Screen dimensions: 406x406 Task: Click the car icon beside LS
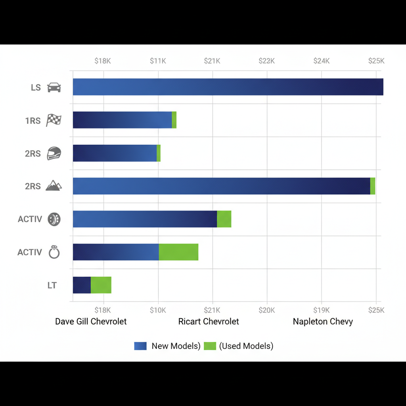tap(54, 87)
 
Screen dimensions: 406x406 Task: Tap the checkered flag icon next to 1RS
tap(54, 120)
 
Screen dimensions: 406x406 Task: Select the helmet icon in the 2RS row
tap(54, 153)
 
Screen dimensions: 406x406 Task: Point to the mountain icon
tap(54, 186)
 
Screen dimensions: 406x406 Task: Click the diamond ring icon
tap(54, 252)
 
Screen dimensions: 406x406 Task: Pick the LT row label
tap(52, 285)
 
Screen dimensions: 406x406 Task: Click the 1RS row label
tap(33, 121)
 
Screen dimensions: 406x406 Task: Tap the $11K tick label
tap(158, 61)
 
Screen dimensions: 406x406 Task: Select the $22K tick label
tap(266, 61)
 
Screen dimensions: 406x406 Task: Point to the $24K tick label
tap(321, 61)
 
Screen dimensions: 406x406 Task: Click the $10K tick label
tap(158, 310)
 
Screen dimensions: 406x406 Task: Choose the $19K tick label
tap(321, 310)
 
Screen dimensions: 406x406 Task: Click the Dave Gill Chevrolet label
tap(91, 322)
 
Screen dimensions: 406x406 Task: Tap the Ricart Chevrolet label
tap(209, 322)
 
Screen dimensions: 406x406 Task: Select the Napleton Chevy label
tap(323, 322)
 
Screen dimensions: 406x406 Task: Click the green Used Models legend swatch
tap(210, 346)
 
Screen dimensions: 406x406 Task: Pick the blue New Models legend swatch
tap(140, 346)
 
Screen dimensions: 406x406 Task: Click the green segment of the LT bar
tap(101, 285)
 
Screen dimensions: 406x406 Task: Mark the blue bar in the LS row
tap(228, 87)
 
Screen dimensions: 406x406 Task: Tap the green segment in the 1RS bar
tap(174, 120)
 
